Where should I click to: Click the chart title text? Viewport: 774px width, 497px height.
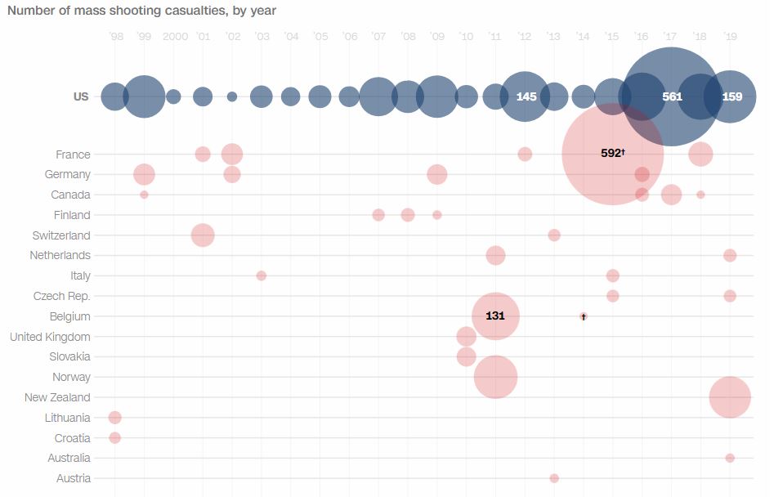141,11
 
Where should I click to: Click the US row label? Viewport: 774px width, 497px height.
81,96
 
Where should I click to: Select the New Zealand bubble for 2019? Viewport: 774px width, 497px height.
730,397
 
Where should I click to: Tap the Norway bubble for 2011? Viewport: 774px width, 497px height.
495,377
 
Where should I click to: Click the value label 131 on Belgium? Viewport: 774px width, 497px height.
494,316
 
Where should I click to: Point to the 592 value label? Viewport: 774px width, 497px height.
611,153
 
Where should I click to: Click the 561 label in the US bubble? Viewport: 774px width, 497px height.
672,96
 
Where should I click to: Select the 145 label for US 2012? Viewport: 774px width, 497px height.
526,96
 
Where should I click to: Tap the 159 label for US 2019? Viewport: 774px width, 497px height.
732,96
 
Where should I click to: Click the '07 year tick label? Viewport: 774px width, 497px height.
378,37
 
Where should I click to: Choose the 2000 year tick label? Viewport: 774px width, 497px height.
174,37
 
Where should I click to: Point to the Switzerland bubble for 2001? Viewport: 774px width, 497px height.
203,235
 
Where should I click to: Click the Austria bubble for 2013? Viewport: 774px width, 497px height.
554,478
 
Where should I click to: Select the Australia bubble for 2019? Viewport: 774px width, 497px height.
730,458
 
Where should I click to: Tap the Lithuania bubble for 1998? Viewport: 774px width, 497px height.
114,418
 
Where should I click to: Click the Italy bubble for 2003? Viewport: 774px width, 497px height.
262,275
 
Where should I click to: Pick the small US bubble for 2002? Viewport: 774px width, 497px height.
232,96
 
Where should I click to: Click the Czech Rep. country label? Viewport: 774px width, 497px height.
62,296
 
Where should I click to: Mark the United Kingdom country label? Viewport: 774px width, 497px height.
50,337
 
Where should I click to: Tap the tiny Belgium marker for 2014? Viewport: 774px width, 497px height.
584,316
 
